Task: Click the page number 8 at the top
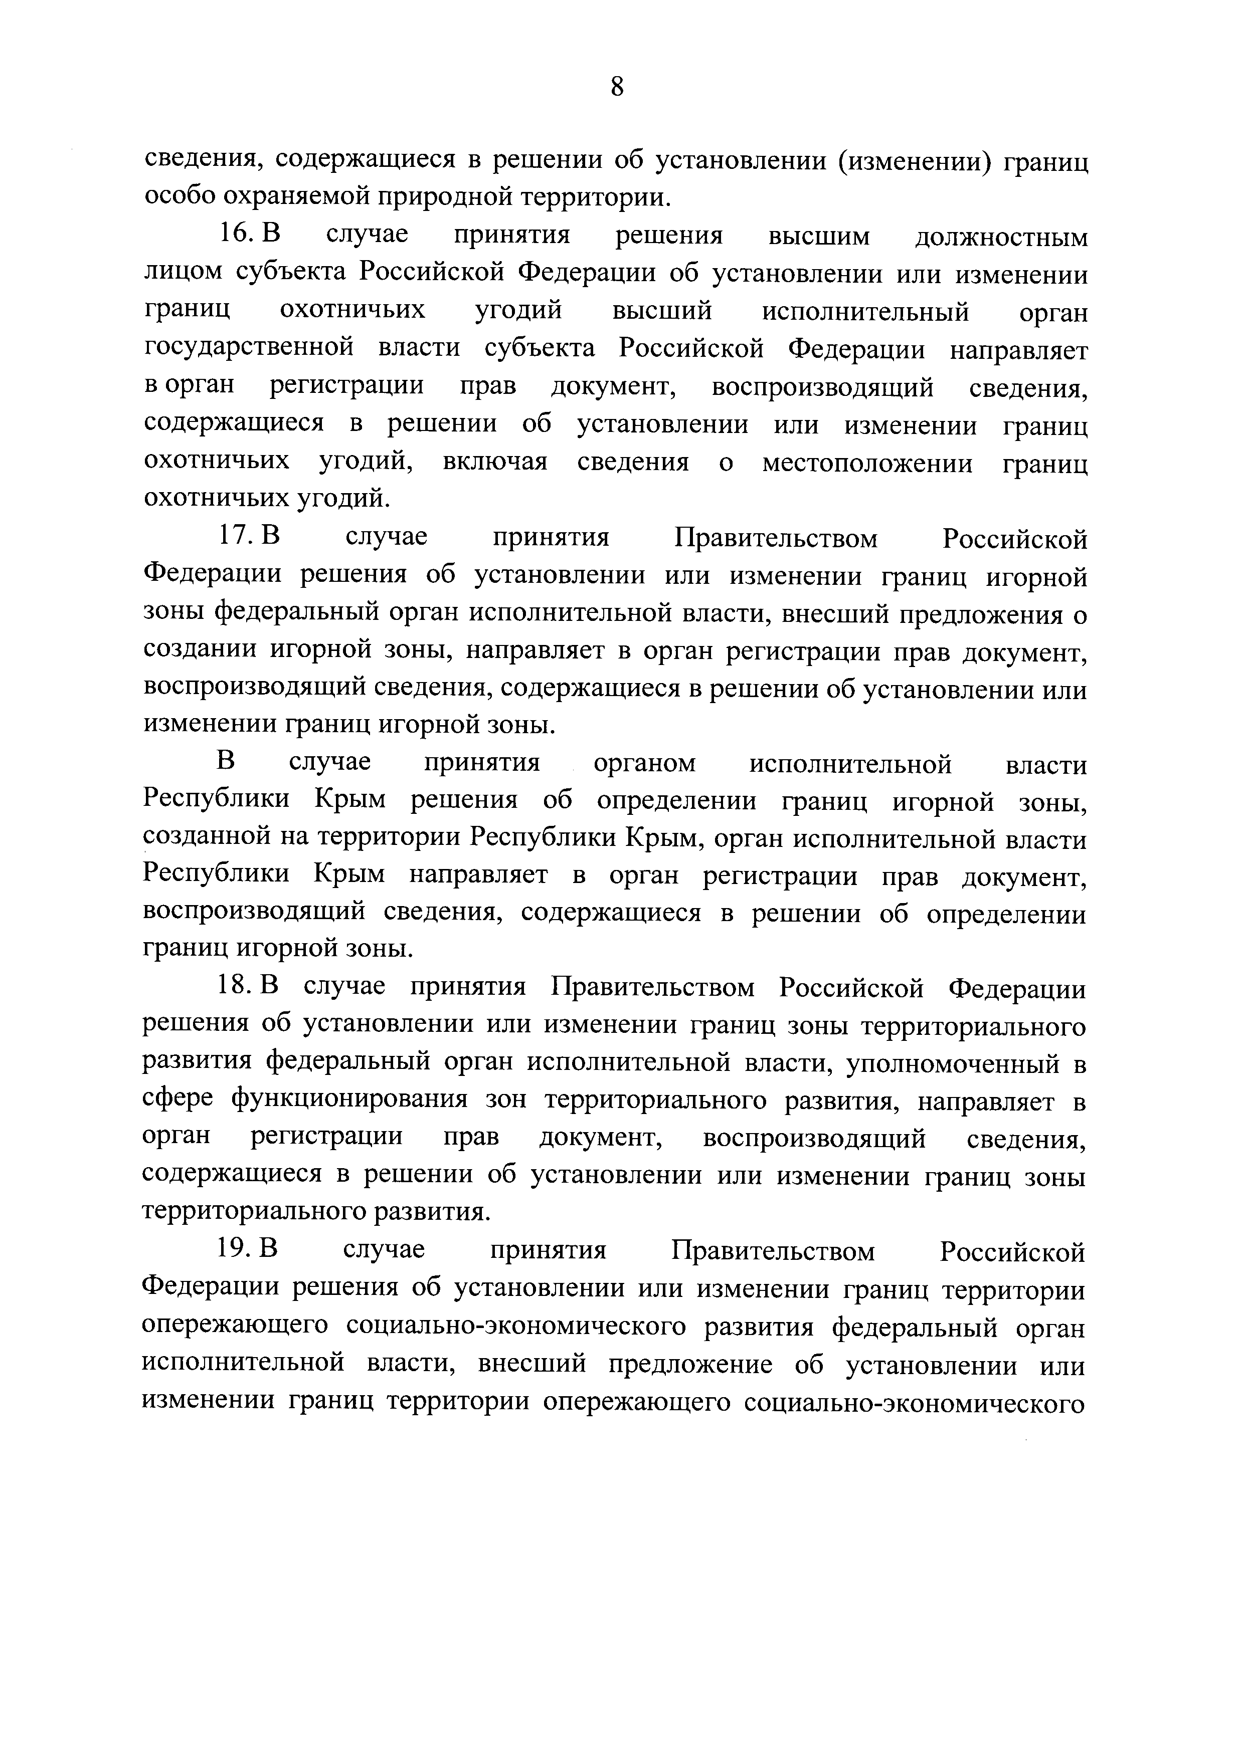(x=617, y=87)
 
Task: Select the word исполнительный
(x=865, y=312)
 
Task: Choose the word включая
(x=495, y=463)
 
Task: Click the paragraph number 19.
(x=232, y=1250)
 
